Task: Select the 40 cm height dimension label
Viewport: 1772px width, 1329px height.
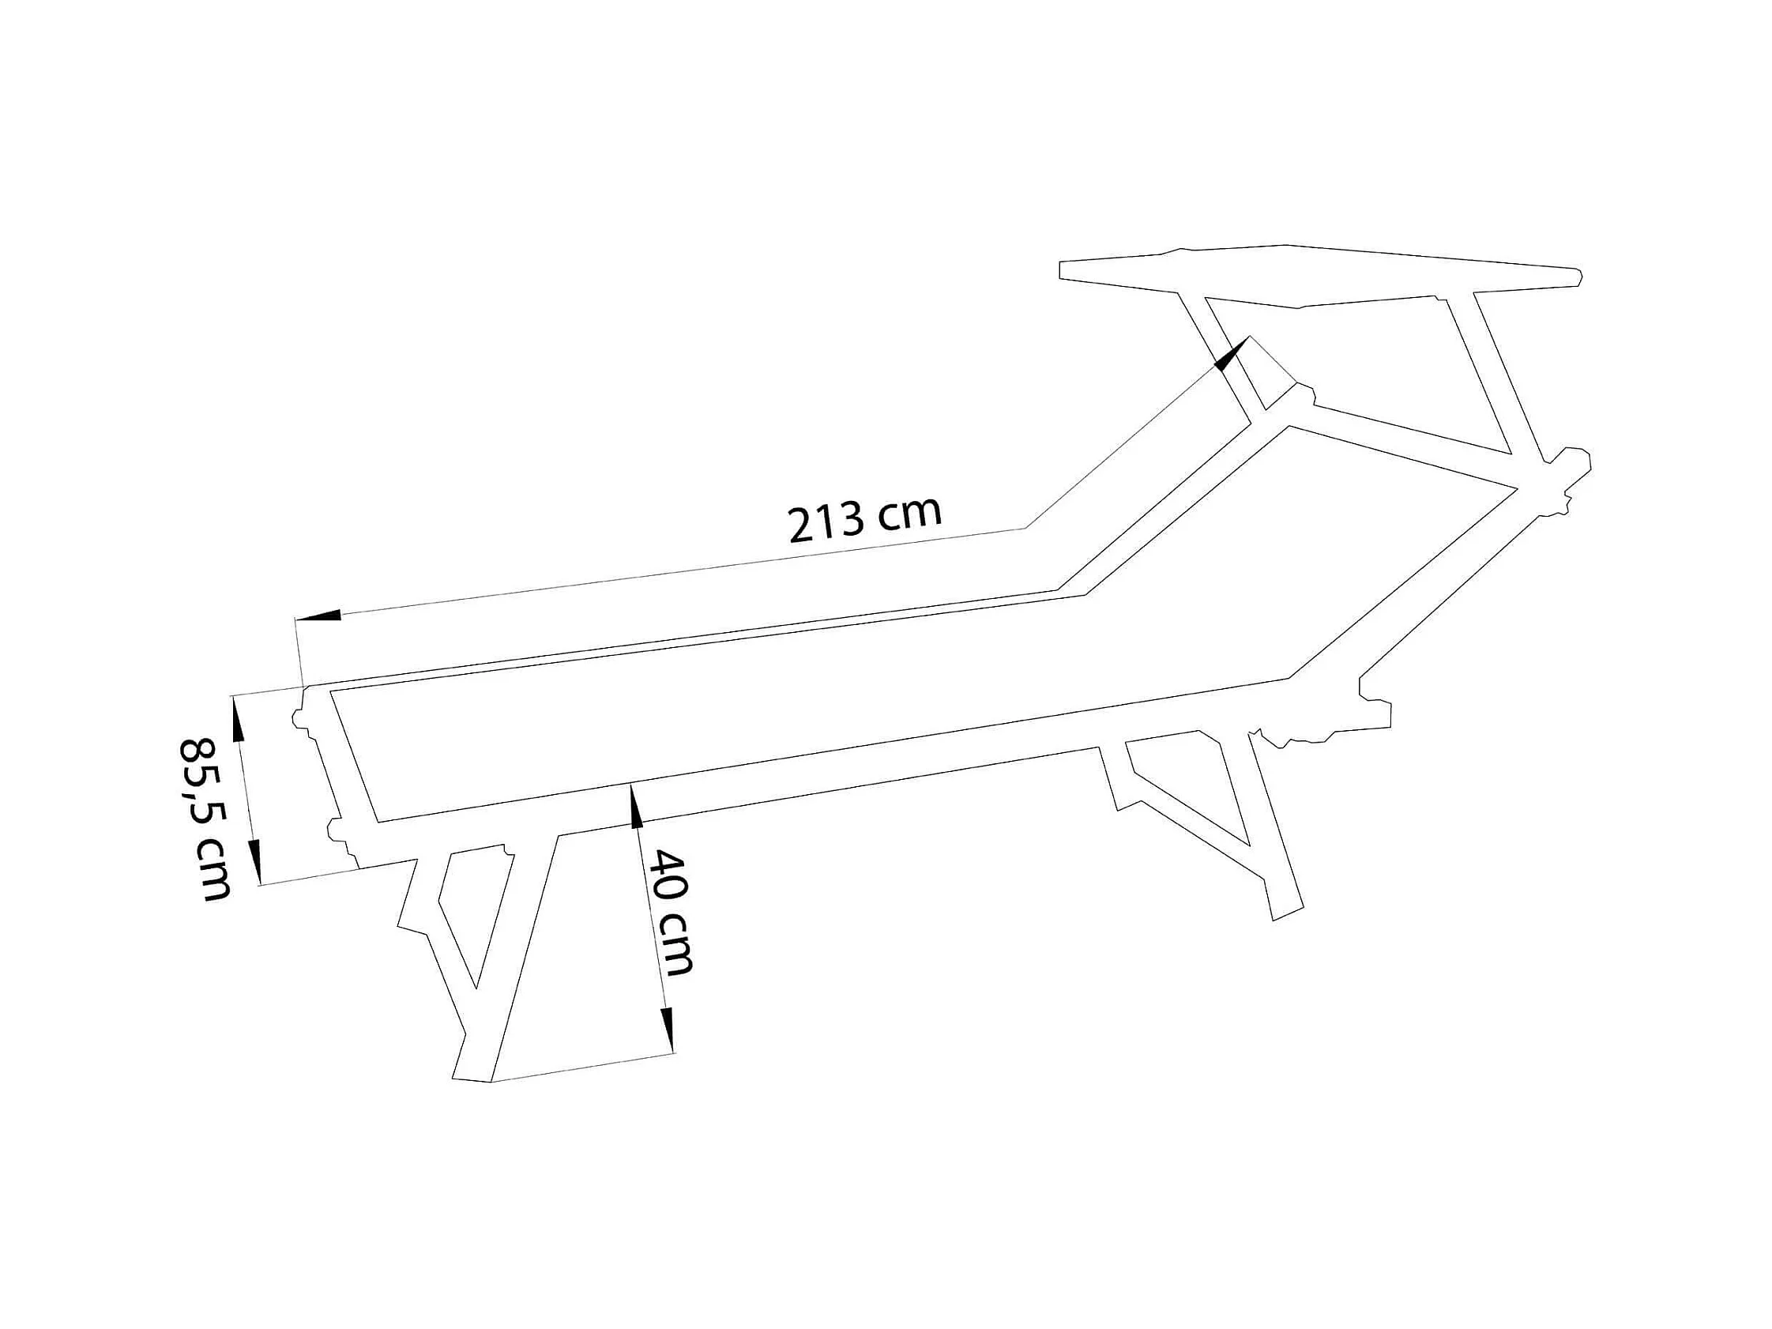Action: pos(669,913)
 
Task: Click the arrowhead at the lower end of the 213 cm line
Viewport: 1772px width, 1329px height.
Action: pos(321,616)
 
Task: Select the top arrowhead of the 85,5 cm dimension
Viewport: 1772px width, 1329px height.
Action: pos(237,717)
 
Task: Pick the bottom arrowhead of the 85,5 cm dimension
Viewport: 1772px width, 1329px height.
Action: pos(256,862)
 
